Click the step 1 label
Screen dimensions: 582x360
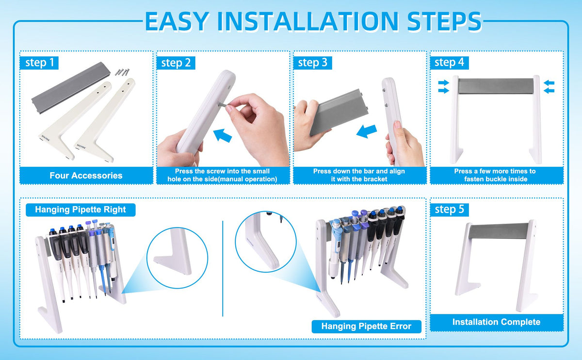(x=39, y=63)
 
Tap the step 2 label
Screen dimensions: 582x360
(x=176, y=63)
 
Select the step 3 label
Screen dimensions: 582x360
(x=312, y=63)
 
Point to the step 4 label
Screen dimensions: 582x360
(x=450, y=63)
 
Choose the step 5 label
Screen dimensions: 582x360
(x=450, y=210)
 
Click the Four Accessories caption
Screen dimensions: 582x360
(x=86, y=176)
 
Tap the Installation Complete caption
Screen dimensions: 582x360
(x=496, y=322)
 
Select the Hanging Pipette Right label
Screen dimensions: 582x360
(x=81, y=210)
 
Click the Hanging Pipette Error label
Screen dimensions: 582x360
(x=366, y=327)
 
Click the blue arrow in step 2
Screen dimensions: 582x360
(x=223, y=136)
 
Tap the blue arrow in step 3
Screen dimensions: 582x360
(x=366, y=131)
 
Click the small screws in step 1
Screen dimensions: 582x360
(x=122, y=72)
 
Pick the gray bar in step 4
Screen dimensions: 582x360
(x=496, y=86)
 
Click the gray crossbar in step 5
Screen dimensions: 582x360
(x=499, y=231)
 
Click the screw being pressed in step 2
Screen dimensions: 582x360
(x=222, y=105)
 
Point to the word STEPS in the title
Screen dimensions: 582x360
(x=444, y=21)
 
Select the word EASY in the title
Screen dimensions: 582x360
(x=177, y=21)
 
